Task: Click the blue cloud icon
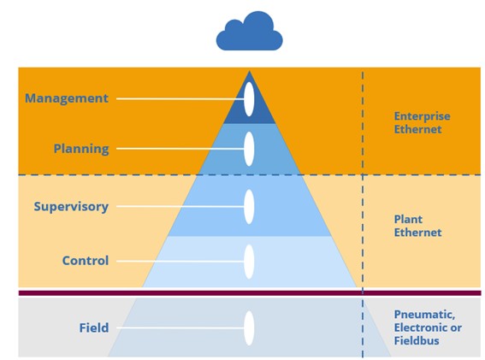point(249,32)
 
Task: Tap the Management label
point(67,98)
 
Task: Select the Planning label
point(81,149)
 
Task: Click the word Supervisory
point(71,207)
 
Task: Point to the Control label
point(86,261)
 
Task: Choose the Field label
point(94,328)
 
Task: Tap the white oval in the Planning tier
point(249,149)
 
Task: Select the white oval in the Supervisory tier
point(249,207)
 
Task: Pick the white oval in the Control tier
point(249,262)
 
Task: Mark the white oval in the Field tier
point(249,328)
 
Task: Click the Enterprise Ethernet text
point(422,122)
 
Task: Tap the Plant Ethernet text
point(417,226)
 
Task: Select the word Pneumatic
point(424,315)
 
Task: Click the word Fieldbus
point(417,340)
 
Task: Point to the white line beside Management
point(180,99)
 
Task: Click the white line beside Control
point(180,262)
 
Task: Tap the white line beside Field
point(180,328)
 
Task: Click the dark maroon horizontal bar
point(250,293)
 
